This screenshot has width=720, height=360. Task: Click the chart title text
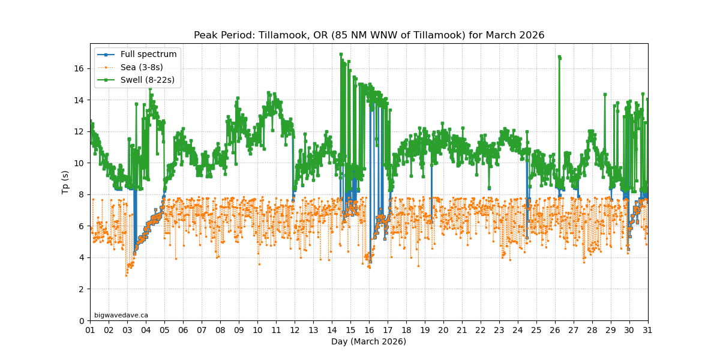point(369,35)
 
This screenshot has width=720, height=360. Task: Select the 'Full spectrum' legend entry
point(148,55)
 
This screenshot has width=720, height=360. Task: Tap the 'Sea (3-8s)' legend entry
point(142,67)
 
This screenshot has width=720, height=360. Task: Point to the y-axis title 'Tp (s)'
point(65,182)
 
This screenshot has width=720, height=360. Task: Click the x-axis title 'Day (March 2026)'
point(368,341)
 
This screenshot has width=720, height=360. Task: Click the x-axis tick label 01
point(90,330)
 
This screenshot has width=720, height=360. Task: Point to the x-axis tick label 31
point(648,330)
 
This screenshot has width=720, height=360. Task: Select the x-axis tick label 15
point(350,330)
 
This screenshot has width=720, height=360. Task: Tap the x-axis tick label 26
point(555,330)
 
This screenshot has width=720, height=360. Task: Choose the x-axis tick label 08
point(220,330)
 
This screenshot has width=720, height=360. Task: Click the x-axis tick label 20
point(443,330)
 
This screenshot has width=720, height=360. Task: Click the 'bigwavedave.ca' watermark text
point(121,315)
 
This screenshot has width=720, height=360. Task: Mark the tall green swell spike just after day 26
point(559,58)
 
